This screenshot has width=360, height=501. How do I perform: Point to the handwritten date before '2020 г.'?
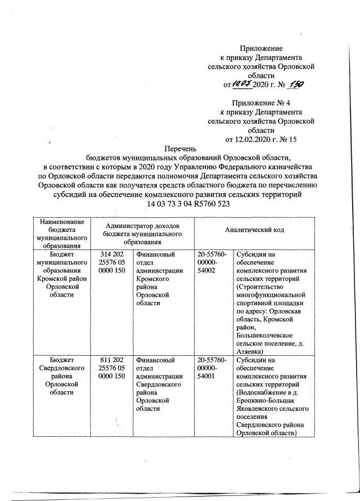click(x=242, y=84)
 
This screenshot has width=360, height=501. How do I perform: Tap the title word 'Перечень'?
click(x=179, y=149)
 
